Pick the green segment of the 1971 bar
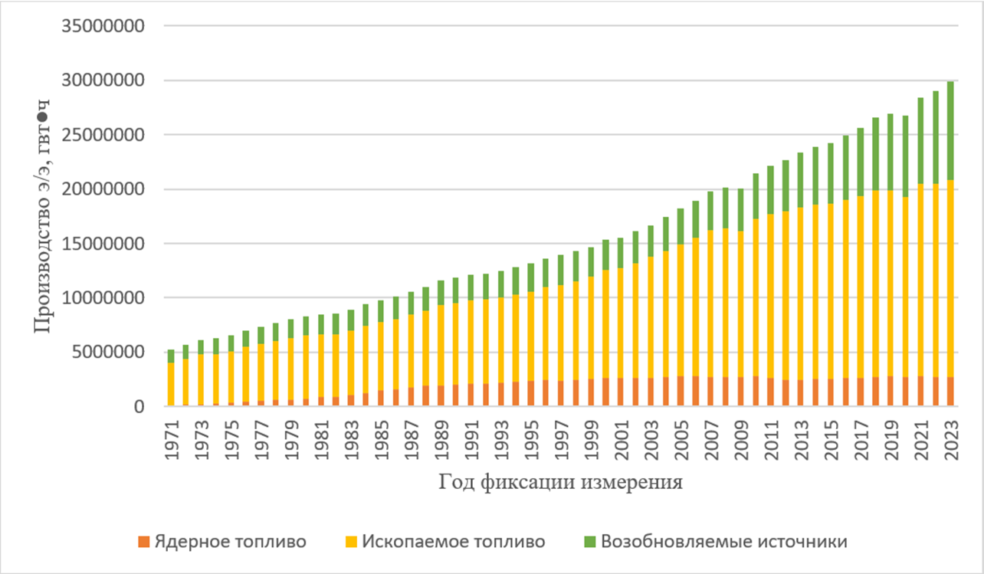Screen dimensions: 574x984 coord(171,356)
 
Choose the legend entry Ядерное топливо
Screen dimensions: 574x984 coord(230,542)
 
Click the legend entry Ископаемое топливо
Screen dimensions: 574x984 coord(454,542)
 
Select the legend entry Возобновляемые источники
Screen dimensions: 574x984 coord(724,542)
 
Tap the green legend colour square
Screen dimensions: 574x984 coord(590,542)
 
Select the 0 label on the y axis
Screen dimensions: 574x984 coord(139,407)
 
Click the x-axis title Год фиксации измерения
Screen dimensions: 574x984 coord(560,483)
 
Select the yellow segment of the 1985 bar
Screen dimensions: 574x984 coord(381,345)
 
